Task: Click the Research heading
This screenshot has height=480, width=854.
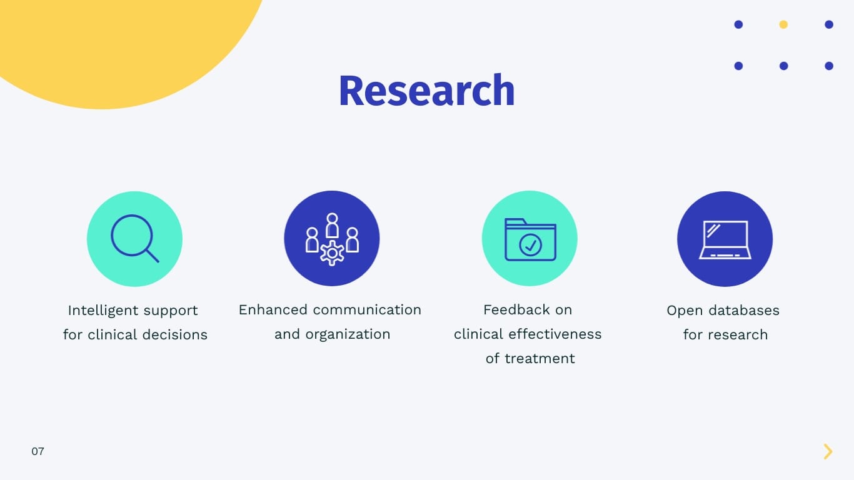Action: (426, 91)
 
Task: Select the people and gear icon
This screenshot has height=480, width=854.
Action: (332, 239)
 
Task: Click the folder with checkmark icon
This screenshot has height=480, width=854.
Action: (530, 239)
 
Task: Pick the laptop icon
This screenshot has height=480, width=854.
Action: (725, 239)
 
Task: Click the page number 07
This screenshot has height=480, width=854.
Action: (38, 451)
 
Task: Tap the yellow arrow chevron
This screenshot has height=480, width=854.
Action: (828, 451)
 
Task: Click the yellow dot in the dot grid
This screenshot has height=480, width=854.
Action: (783, 25)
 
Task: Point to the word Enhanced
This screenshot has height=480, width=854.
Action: (273, 310)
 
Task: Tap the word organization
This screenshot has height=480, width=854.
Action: (348, 334)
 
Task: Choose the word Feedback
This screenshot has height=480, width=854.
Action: (516, 310)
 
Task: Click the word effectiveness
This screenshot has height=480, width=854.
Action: (555, 334)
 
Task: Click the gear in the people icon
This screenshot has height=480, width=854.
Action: (332, 253)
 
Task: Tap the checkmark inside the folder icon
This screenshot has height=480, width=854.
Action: (531, 245)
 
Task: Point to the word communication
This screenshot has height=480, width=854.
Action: (367, 310)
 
